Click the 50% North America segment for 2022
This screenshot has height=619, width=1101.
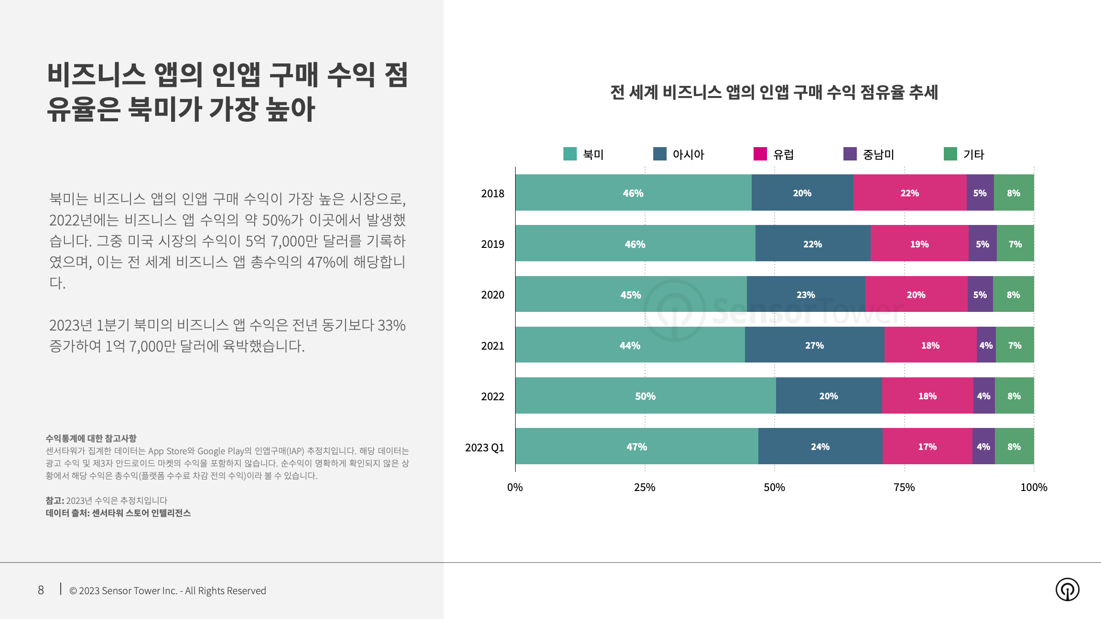[x=645, y=396]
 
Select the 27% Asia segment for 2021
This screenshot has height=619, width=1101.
[x=814, y=345]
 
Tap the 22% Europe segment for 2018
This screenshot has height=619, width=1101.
[x=909, y=193]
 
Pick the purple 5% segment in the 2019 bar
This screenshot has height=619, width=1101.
[x=982, y=244]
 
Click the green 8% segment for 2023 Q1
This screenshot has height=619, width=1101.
[x=1014, y=447]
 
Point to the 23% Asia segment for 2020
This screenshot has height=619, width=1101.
[x=806, y=295]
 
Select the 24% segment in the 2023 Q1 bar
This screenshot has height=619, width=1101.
[x=820, y=447]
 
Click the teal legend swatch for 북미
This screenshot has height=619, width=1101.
[x=570, y=154]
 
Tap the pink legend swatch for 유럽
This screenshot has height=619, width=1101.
[x=760, y=154]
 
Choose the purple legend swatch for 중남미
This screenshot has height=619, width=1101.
[x=850, y=154]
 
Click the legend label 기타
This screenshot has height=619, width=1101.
[x=973, y=155]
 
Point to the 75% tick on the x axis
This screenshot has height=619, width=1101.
[x=904, y=487]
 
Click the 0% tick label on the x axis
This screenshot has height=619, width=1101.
[x=515, y=487]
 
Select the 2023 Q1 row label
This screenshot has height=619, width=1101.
[x=485, y=448]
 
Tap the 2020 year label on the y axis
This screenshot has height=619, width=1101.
[x=493, y=295]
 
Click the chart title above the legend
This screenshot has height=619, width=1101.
[x=774, y=92]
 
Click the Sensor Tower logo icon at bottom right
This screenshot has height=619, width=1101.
[x=1067, y=589]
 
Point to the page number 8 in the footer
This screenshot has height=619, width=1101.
[x=41, y=590]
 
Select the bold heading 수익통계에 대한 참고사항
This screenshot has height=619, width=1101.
[x=91, y=438]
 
